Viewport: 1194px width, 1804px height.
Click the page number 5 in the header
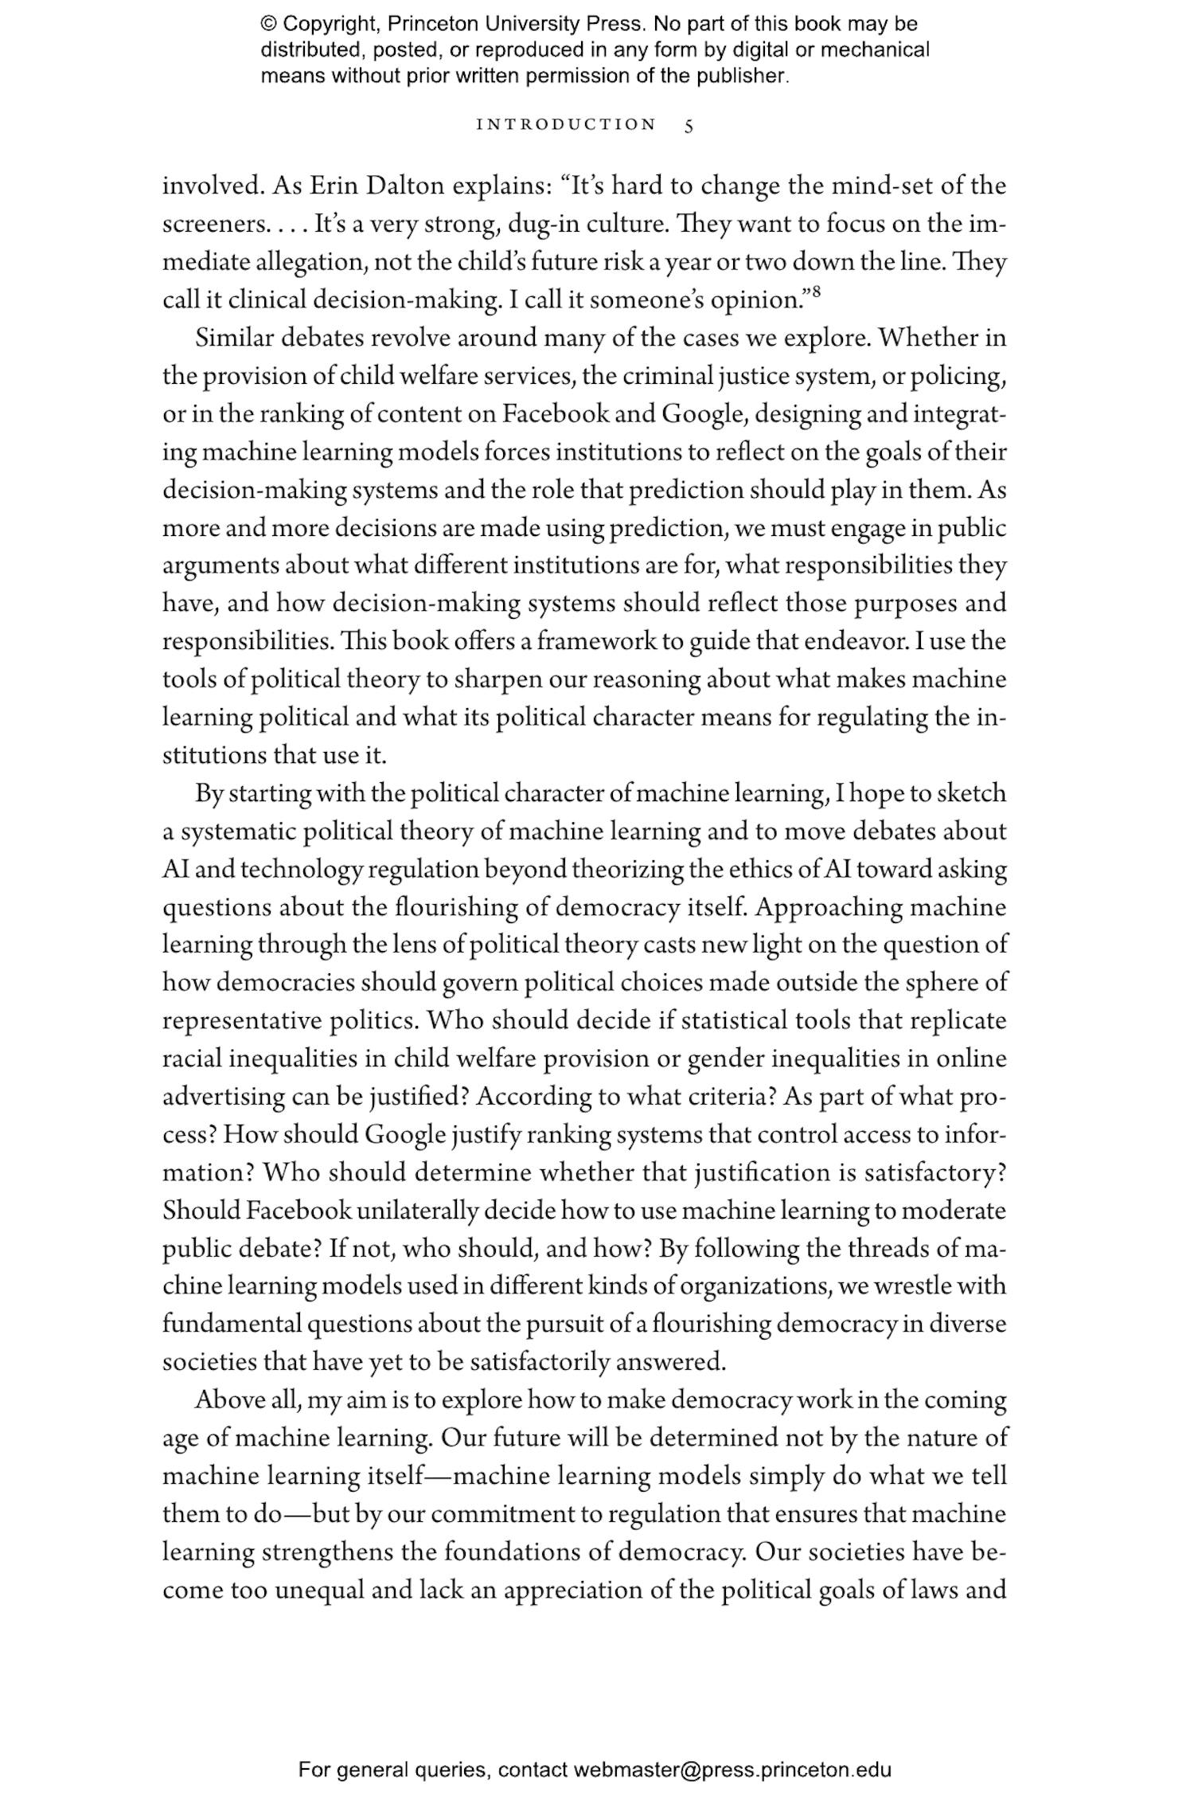pos(689,125)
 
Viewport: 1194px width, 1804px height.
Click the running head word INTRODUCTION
pos(566,125)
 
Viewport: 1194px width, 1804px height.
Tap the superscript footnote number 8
pos(817,292)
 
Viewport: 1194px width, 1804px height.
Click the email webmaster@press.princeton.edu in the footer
pos(732,1770)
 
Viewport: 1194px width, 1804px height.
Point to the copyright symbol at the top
pos(268,24)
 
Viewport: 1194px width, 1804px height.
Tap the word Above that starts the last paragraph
pos(230,1399)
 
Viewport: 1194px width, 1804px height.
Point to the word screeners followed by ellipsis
pos(212,224)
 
